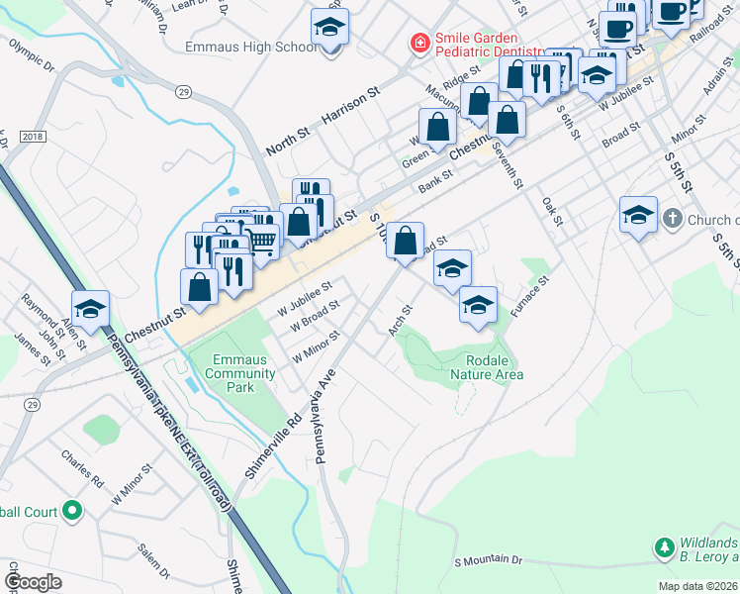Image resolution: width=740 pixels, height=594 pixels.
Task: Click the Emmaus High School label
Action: pos(251,47)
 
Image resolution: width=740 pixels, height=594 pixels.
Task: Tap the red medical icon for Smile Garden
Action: pos(420,45)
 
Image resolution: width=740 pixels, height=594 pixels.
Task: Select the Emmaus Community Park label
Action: pos(240,373)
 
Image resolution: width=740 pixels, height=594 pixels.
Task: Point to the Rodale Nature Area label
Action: pos(487,367)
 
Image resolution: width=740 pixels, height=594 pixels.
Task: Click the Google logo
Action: pos(33,581)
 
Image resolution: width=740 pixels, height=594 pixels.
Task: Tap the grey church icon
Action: pos(672,219)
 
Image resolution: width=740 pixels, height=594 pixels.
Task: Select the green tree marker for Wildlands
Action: pos(664,546)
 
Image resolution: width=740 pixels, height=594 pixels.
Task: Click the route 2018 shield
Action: pos(32,136)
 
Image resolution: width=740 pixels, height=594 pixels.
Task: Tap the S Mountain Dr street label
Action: pos(488,560)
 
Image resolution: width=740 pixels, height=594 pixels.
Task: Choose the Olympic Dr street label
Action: pos(32,57)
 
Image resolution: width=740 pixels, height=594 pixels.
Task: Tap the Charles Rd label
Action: pos(82,470)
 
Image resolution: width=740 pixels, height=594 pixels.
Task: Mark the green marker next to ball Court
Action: pos(71,511)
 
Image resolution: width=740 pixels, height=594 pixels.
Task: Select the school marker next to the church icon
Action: pos(638,215)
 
